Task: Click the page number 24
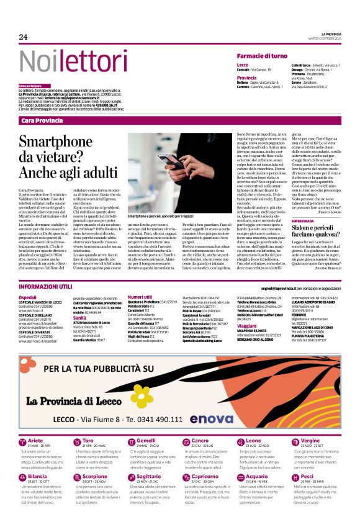pyautogui.click(x=23, y=37)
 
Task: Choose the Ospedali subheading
pyautogui.click(x=27, y=297)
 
